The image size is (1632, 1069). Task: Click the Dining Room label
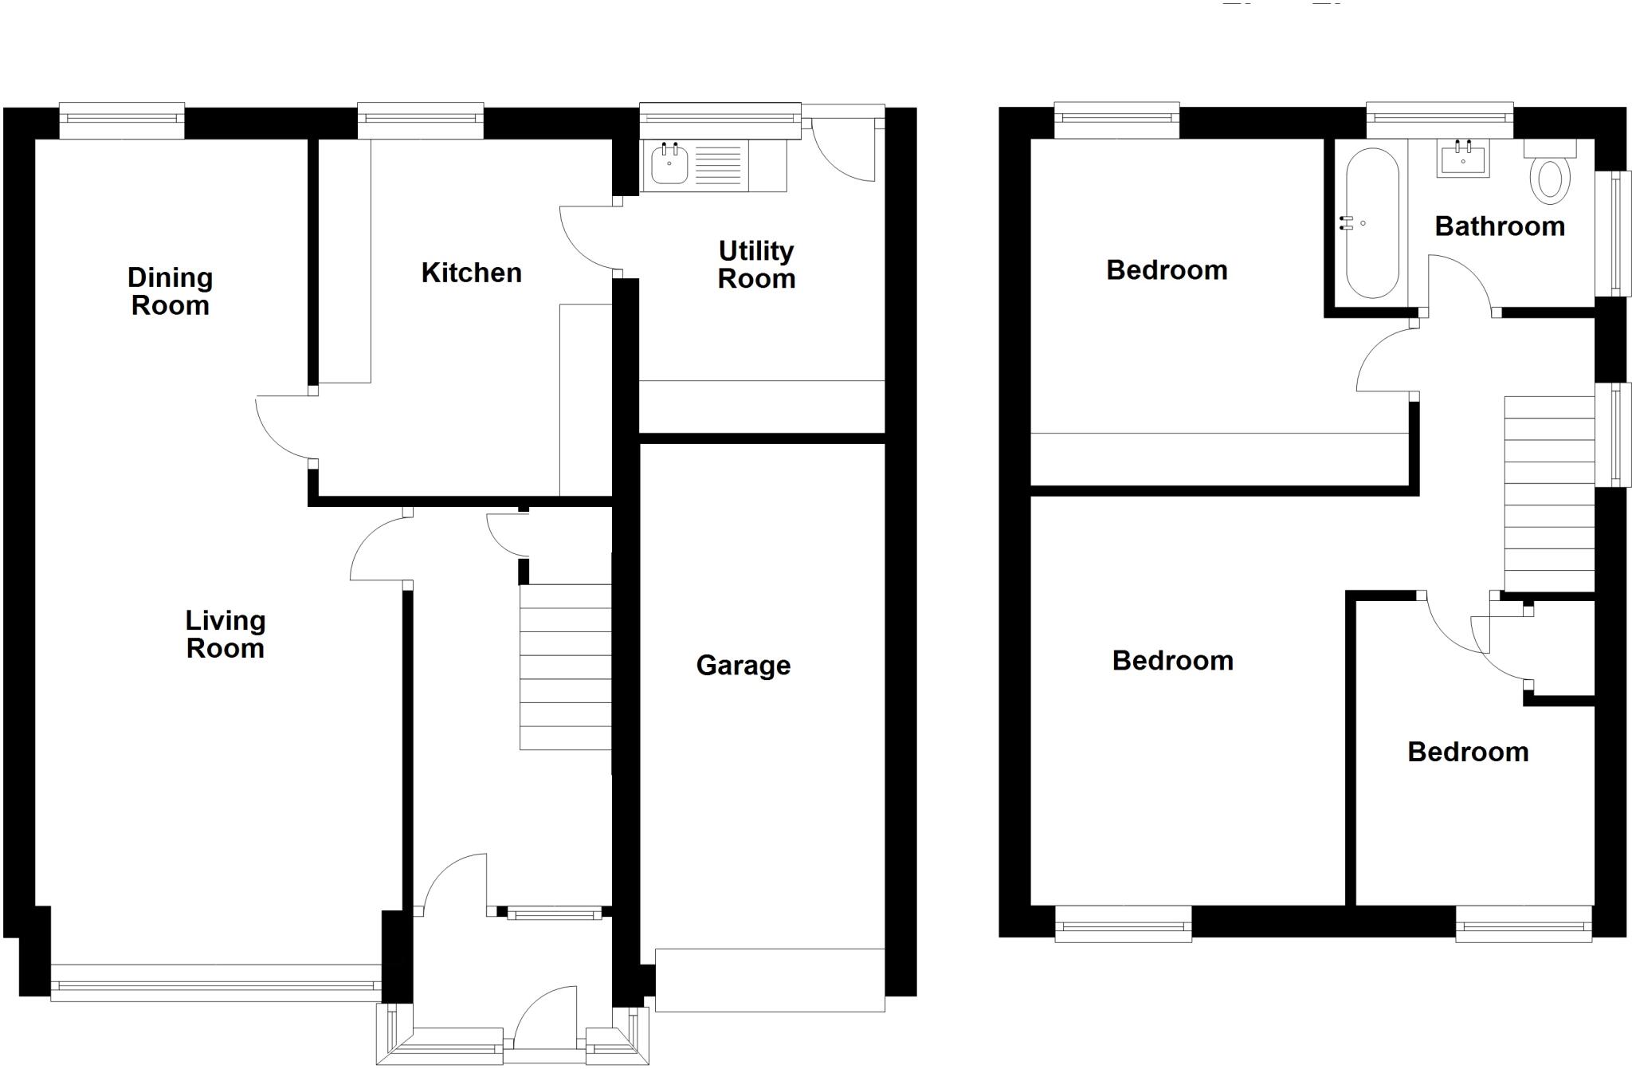tap(170, 292)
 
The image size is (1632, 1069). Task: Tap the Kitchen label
tap(471, 273)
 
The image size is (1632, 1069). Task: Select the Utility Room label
tap(756, 265)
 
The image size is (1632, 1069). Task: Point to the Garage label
tap(743, 665)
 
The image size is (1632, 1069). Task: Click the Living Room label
tap(225, 635)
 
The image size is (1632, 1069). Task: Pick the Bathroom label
tap(1499, 226)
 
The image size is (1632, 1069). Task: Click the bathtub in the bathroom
tap(1371, 223)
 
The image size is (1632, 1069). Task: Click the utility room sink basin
tap(669, 165)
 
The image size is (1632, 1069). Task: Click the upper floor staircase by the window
tap(1548, 494)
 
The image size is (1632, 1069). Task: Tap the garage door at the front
tap(769, 980)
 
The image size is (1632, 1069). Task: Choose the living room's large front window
tap(216, 983)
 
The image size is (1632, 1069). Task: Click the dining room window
tap(122, 120)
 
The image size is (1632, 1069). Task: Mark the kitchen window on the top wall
tap(420, 120)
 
